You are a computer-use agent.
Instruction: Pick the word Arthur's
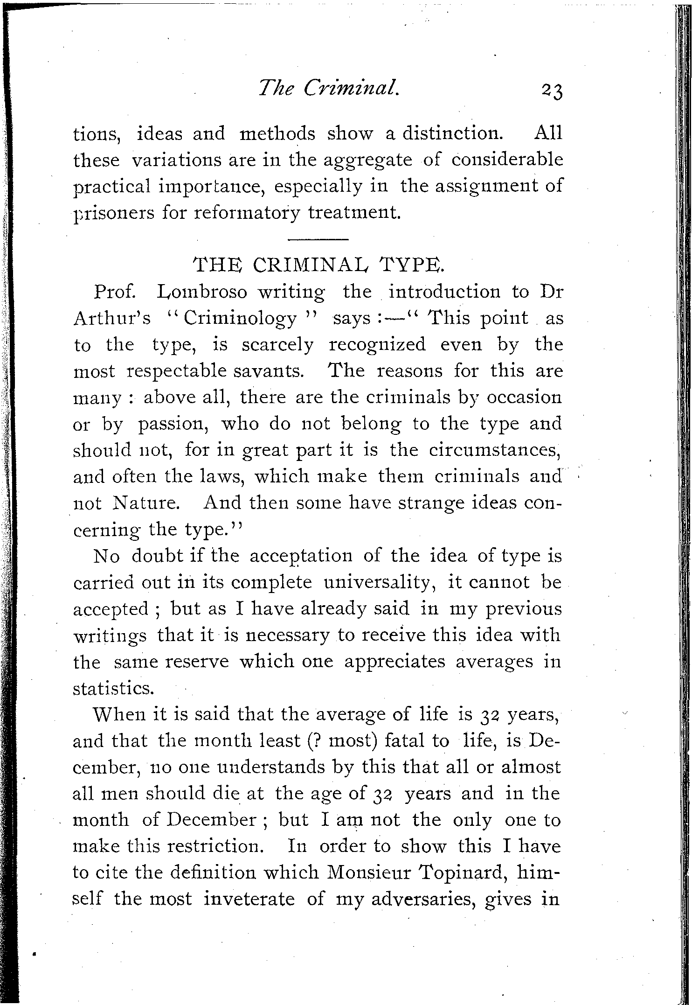(x=112, y=319)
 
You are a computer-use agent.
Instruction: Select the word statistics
(x=113, y=689)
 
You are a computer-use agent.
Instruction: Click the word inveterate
(x=249, y=899)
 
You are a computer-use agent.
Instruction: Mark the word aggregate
(x=374, y=161)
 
